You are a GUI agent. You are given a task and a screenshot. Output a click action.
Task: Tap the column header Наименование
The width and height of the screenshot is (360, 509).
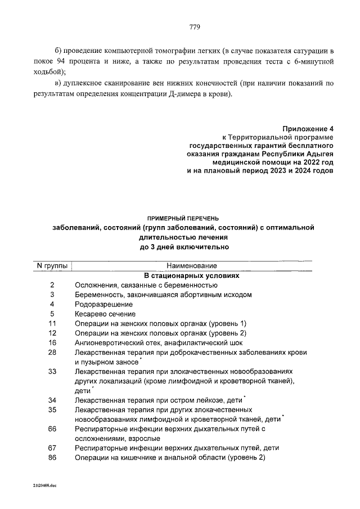click(x=191, y=265)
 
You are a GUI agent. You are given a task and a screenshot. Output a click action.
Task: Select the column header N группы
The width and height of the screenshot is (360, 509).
click(x=50, y=265)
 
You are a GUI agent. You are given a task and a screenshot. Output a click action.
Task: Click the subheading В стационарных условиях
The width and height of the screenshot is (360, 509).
click(x=192, y=276)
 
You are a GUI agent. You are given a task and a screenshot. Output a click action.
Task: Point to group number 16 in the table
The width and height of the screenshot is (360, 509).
click(x=53, y=343)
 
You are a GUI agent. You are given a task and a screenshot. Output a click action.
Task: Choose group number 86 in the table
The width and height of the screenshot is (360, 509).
click(x=53, y=458)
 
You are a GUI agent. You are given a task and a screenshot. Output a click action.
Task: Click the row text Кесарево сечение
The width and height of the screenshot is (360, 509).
click(x=105, y=314)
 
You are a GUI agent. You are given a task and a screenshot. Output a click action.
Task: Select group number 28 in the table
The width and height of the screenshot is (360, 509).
click(x=53, y=352)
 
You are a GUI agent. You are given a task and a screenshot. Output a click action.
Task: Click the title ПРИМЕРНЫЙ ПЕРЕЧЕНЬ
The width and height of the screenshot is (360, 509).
click(x=183, y=217)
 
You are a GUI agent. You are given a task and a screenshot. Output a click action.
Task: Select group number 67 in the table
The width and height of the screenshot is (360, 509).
click(x=53, y=448)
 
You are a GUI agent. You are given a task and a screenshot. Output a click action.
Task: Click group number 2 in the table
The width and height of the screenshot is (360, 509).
click(x=52, y=285)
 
